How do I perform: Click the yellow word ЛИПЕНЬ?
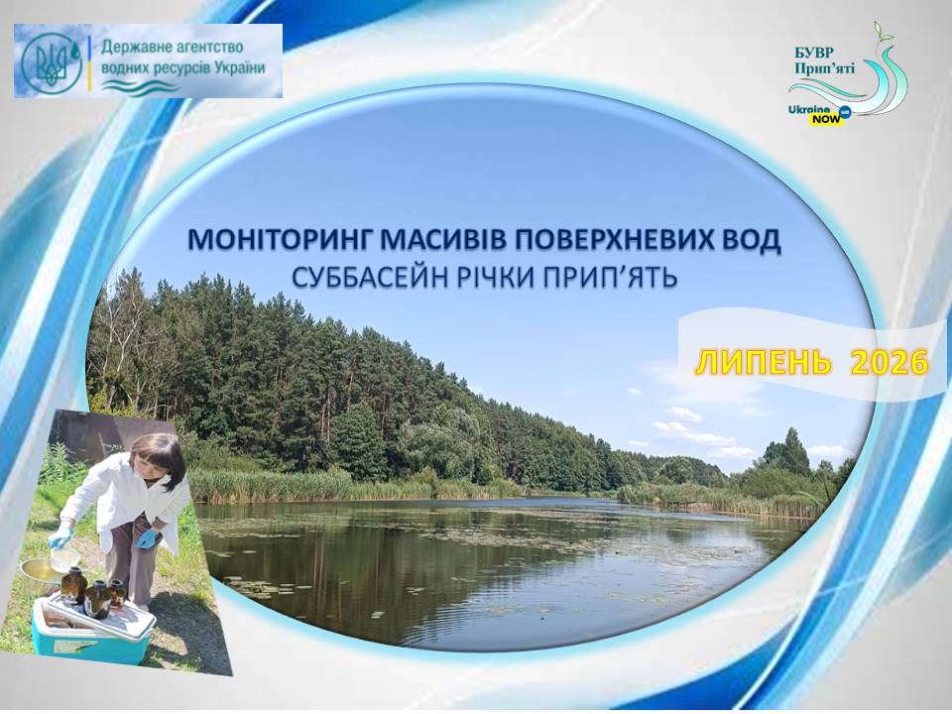pos(763,363)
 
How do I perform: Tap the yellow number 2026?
pos(890,363)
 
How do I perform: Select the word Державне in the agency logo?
pos(137,47)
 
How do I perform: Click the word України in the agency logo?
pos(239,67)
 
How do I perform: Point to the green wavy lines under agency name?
pos(140,88)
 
